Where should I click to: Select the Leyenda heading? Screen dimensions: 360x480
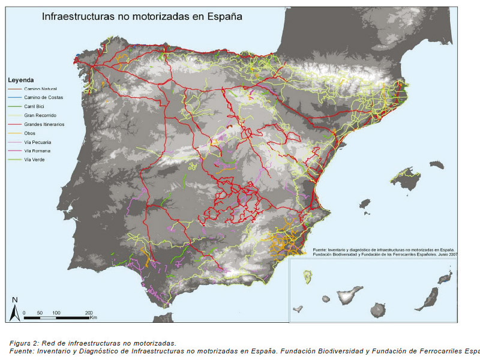[x=20, y=79]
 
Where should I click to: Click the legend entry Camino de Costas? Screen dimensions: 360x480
[x=43, y=97]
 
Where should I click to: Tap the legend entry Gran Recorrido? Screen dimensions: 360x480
[x=41, y=115]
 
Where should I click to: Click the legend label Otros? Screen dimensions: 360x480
[x=30, y=133]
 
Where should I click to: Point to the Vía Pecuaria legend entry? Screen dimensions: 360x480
[x=38, y=142]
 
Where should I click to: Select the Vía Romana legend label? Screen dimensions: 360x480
[x=37, y=151]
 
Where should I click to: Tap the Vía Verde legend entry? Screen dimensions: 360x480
[x=35, y=160]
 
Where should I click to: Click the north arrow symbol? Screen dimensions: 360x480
[x=15, y=309]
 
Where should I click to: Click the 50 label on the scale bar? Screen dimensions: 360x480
[x=40, y=313]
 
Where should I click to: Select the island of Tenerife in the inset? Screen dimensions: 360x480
[x=349, y=296]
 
